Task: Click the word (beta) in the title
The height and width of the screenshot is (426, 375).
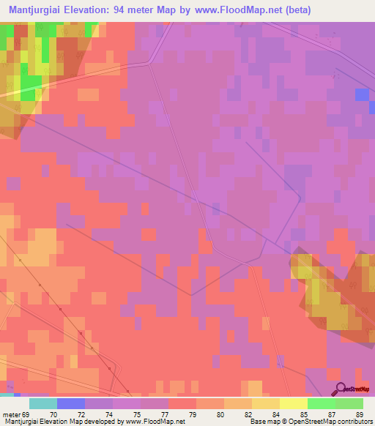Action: pos(296,10)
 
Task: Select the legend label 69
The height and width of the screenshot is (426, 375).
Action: pos(28,414)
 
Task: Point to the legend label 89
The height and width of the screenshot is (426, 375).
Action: pos(359,414)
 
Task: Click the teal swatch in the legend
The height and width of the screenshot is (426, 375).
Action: pos(42,403)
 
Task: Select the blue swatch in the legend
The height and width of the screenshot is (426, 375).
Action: pos(70,403)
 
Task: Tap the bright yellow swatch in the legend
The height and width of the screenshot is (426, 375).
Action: pos(293,403)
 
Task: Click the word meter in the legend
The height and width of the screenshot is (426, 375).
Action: pos(10,414)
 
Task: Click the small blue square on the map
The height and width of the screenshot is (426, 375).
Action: pos(362,94)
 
